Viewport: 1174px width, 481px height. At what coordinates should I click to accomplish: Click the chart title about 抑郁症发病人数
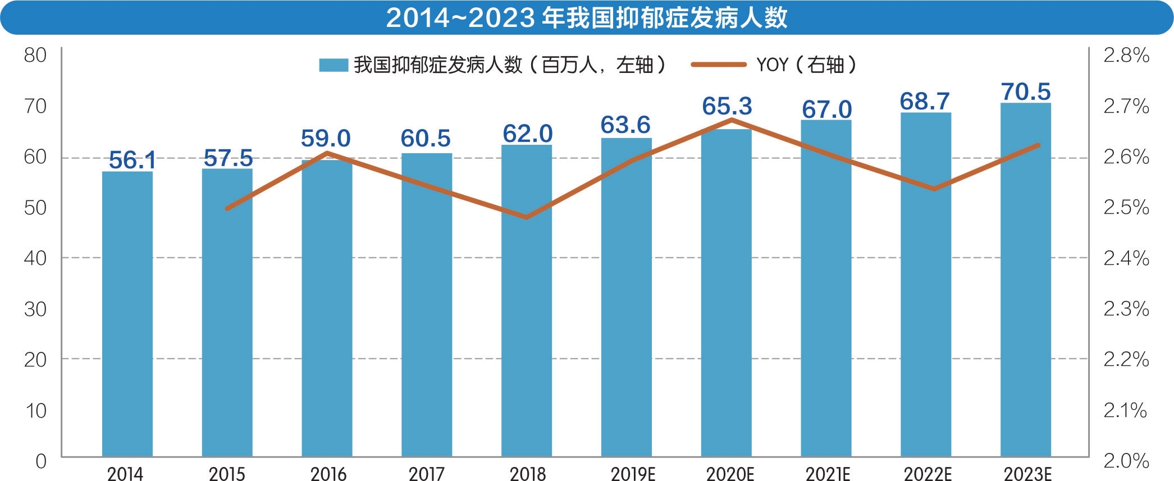point(587,18)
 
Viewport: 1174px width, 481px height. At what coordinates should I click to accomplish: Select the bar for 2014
point(127,314)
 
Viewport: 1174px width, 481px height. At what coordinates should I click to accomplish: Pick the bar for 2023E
point(1026,281)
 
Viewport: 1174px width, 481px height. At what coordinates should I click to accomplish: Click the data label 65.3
point(727,106)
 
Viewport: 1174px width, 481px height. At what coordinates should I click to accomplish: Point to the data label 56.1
point(133,160)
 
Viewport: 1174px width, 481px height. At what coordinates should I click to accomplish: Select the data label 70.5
point(1026,91)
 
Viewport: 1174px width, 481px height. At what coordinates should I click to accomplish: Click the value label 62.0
point(527,134)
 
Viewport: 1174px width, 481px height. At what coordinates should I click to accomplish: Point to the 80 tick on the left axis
point(35,55)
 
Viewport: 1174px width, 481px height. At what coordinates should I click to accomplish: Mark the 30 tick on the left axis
point(35,309)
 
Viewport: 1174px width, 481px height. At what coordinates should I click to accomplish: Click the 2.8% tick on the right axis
point(1126,55)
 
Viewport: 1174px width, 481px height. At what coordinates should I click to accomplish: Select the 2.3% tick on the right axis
point(1126,309)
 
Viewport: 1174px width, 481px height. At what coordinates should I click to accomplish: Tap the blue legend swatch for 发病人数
point(334,65)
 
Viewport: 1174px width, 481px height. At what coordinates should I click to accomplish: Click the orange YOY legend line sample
point(718,65)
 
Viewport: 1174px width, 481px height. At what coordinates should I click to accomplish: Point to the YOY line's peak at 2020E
point(732,120)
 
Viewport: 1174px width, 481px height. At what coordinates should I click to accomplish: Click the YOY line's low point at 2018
point(527,217)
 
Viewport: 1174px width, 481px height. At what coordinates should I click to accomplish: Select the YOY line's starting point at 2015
point(227,209)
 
